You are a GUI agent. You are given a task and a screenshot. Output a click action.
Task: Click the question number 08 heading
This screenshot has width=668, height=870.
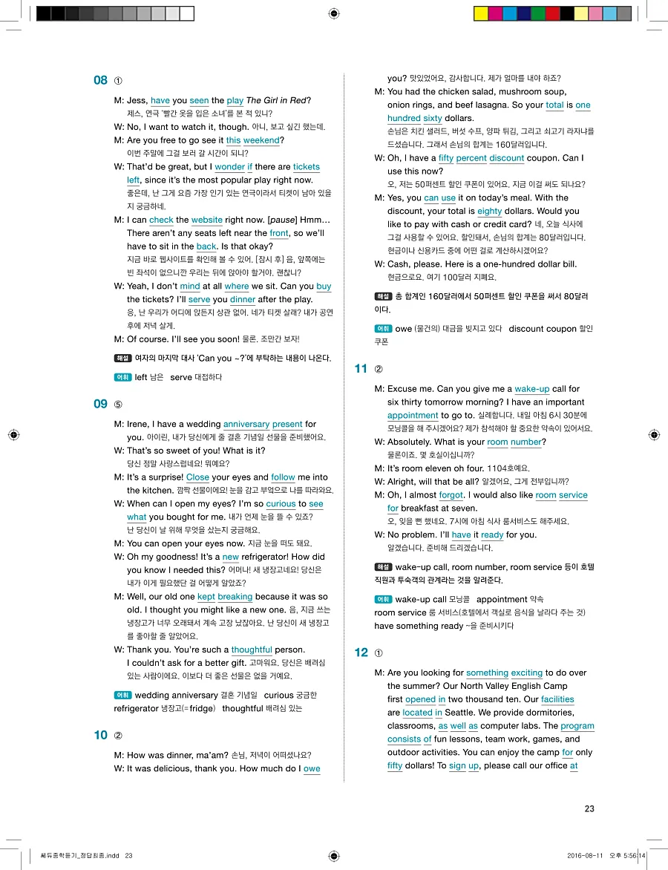(x=100, y=80)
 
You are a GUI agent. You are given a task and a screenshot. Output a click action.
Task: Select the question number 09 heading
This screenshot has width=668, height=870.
(x=100, y=404)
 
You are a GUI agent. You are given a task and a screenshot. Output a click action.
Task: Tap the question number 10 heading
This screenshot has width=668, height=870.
(x=100, y=735)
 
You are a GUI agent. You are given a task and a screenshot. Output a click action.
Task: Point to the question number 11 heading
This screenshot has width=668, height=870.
(x=361, y=368)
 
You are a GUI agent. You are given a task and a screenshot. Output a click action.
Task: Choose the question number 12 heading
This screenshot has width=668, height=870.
(x=361, y=652)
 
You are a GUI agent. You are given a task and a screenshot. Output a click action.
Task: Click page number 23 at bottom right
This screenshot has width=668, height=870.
(x=589, y=808)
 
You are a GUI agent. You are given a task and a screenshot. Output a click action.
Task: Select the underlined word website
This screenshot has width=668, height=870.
(x=206, y=220)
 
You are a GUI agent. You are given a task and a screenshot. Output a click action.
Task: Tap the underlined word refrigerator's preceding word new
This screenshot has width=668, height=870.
(x=230, y=557)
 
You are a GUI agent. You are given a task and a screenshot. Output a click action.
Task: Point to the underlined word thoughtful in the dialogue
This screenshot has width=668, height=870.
(x=252, y=650)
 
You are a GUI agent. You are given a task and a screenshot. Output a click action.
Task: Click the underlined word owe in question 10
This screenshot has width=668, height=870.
(x=312, y=769)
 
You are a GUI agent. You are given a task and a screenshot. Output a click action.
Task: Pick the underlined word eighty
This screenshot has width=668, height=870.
(x=489, y=211)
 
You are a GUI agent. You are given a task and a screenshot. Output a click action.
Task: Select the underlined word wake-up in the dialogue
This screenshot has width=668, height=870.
(x=531, y=389)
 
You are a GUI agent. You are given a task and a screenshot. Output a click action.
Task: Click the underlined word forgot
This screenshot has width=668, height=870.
(x=451, y=495)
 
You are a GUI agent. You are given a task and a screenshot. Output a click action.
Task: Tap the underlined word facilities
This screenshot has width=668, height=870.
(x=557, y=699)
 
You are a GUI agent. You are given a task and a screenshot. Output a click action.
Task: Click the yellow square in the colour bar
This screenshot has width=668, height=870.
(x=480, y=13)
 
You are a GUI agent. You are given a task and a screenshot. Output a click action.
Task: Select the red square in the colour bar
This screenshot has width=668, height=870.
(x=552, y=13)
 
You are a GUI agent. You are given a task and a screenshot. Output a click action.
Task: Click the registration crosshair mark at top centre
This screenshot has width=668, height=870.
(x=334, y=13)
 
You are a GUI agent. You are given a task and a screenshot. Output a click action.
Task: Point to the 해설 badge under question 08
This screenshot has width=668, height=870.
(x=122, y=358)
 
